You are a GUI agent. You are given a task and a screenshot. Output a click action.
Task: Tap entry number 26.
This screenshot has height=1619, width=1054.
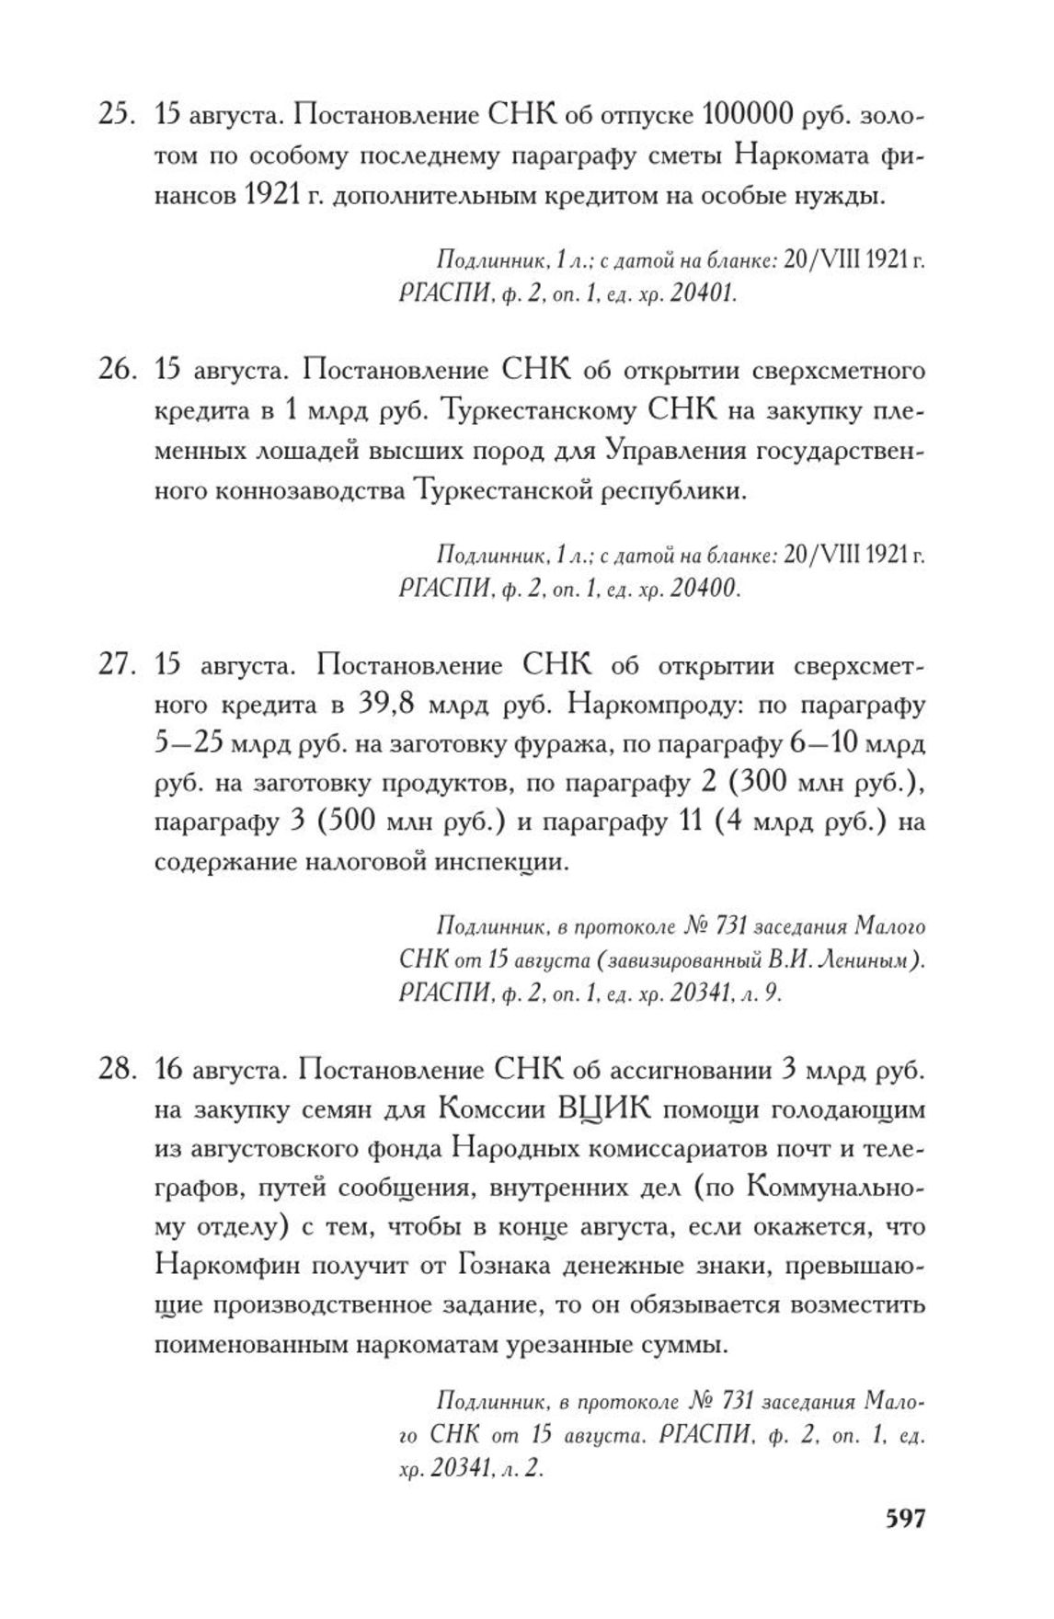(x=117, y=371)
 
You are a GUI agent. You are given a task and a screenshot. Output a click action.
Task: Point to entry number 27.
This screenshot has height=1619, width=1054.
(x=117, y=665)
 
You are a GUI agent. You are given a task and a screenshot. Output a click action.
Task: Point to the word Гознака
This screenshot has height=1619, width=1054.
(x=509, y=1266)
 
